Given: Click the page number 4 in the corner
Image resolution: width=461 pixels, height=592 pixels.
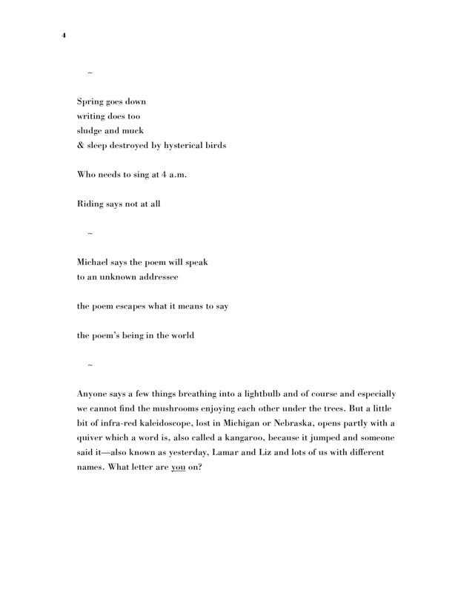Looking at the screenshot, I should [64, 35].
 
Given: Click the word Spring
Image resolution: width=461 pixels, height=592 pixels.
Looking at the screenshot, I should [91, 102].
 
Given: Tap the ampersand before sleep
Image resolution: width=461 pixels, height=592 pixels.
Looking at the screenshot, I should [81, 145].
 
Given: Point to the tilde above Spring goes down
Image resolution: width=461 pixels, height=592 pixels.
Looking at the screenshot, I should [90, 73].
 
